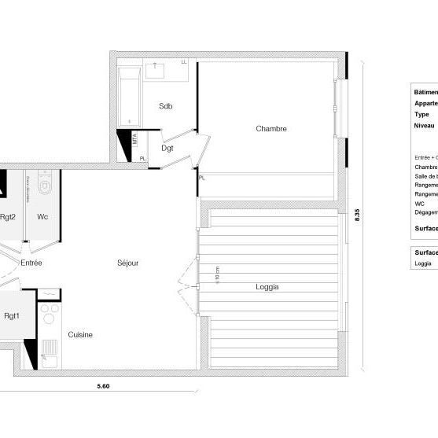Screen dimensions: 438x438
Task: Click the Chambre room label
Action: click(271, 129)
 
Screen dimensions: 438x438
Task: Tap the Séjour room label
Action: click(127, 263)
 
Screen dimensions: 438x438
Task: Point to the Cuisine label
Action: click(80, 335)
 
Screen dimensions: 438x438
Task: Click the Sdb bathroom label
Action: click(165, 106)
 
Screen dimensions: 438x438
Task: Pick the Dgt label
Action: click(167, 147)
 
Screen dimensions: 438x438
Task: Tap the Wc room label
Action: click(42, 217)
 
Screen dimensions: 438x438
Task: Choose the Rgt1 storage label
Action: click(11, 317)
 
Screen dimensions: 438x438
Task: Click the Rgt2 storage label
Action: click(9, 217)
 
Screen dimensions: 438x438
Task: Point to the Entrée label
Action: click(31, 263)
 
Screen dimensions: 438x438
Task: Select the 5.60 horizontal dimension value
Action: click(103, 385)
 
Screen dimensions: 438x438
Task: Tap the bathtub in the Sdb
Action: click(128, 97)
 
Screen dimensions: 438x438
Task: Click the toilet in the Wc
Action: click(45, 186)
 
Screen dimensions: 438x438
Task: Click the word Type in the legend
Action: click(421, 114)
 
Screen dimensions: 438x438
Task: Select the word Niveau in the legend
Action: click(425, 126)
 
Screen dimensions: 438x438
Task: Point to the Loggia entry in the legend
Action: click(423, 263)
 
